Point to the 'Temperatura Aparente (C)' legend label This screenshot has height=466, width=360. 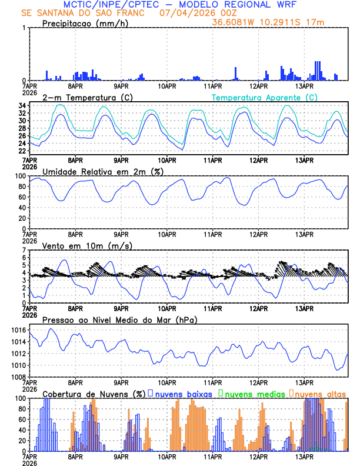pyautogui.click(x=265, y=97)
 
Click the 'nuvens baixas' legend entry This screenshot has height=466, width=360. pyautogui.click(x=183, y=393)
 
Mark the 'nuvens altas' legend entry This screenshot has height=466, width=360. pyautogui.click(x=321, y=393)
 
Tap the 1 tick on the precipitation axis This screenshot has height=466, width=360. pyautogui.click(x=24, y=28)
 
